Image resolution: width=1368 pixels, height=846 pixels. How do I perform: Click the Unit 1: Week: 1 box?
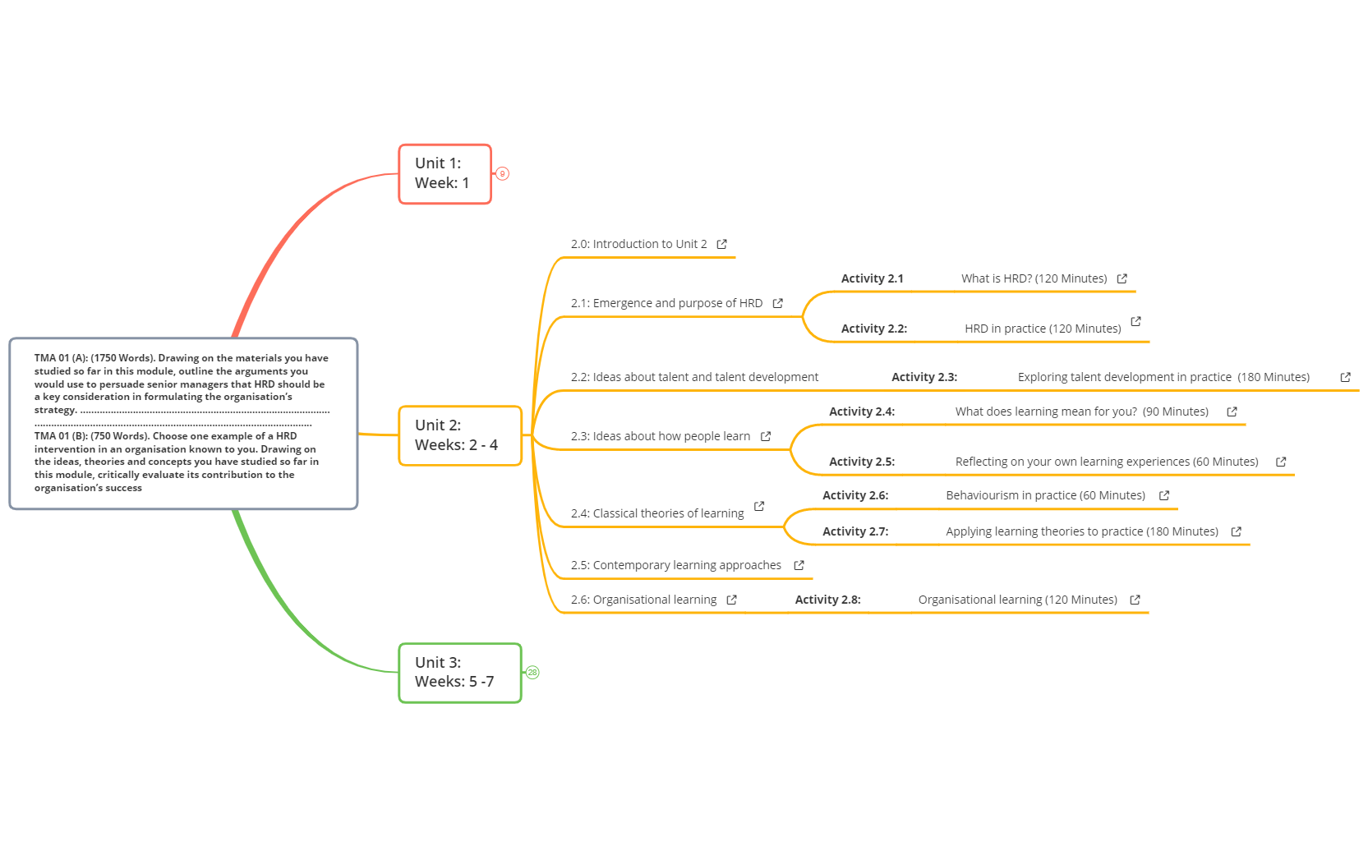(444, 174)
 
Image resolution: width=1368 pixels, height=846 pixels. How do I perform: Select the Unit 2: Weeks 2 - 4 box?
(459, 435)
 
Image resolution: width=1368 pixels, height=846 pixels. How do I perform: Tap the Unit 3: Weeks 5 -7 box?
(459, 673)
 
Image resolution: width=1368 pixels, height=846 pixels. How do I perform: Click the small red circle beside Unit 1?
(503, 174)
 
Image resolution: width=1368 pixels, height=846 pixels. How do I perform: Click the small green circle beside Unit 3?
(532, 673)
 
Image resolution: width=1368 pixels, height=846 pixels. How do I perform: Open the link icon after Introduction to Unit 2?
(721, 244)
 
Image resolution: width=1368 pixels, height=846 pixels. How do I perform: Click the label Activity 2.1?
(872, 278)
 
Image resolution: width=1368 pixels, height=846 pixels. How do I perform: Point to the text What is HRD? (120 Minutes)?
(1034, 278)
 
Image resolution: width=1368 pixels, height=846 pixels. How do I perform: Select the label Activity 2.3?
(924, 377)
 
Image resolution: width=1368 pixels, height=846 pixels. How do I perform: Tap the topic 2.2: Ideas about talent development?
(694, 377)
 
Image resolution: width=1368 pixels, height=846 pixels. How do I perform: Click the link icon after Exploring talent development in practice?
(1345, 377)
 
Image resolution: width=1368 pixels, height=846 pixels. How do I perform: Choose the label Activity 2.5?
(861, 462)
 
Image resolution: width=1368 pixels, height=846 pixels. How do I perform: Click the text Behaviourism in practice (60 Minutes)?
(1045, 495)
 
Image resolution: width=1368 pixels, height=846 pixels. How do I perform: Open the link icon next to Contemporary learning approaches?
(799, 565)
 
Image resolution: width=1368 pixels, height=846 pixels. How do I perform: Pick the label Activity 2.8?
(827, 600)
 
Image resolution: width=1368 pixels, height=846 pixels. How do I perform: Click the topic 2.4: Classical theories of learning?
(657, 513)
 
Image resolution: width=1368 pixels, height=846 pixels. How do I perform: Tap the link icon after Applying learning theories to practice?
(1236, 531)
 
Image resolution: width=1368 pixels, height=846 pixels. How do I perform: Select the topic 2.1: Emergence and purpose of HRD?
(666, 303)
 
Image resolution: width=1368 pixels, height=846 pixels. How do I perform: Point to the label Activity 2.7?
(854, 531)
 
